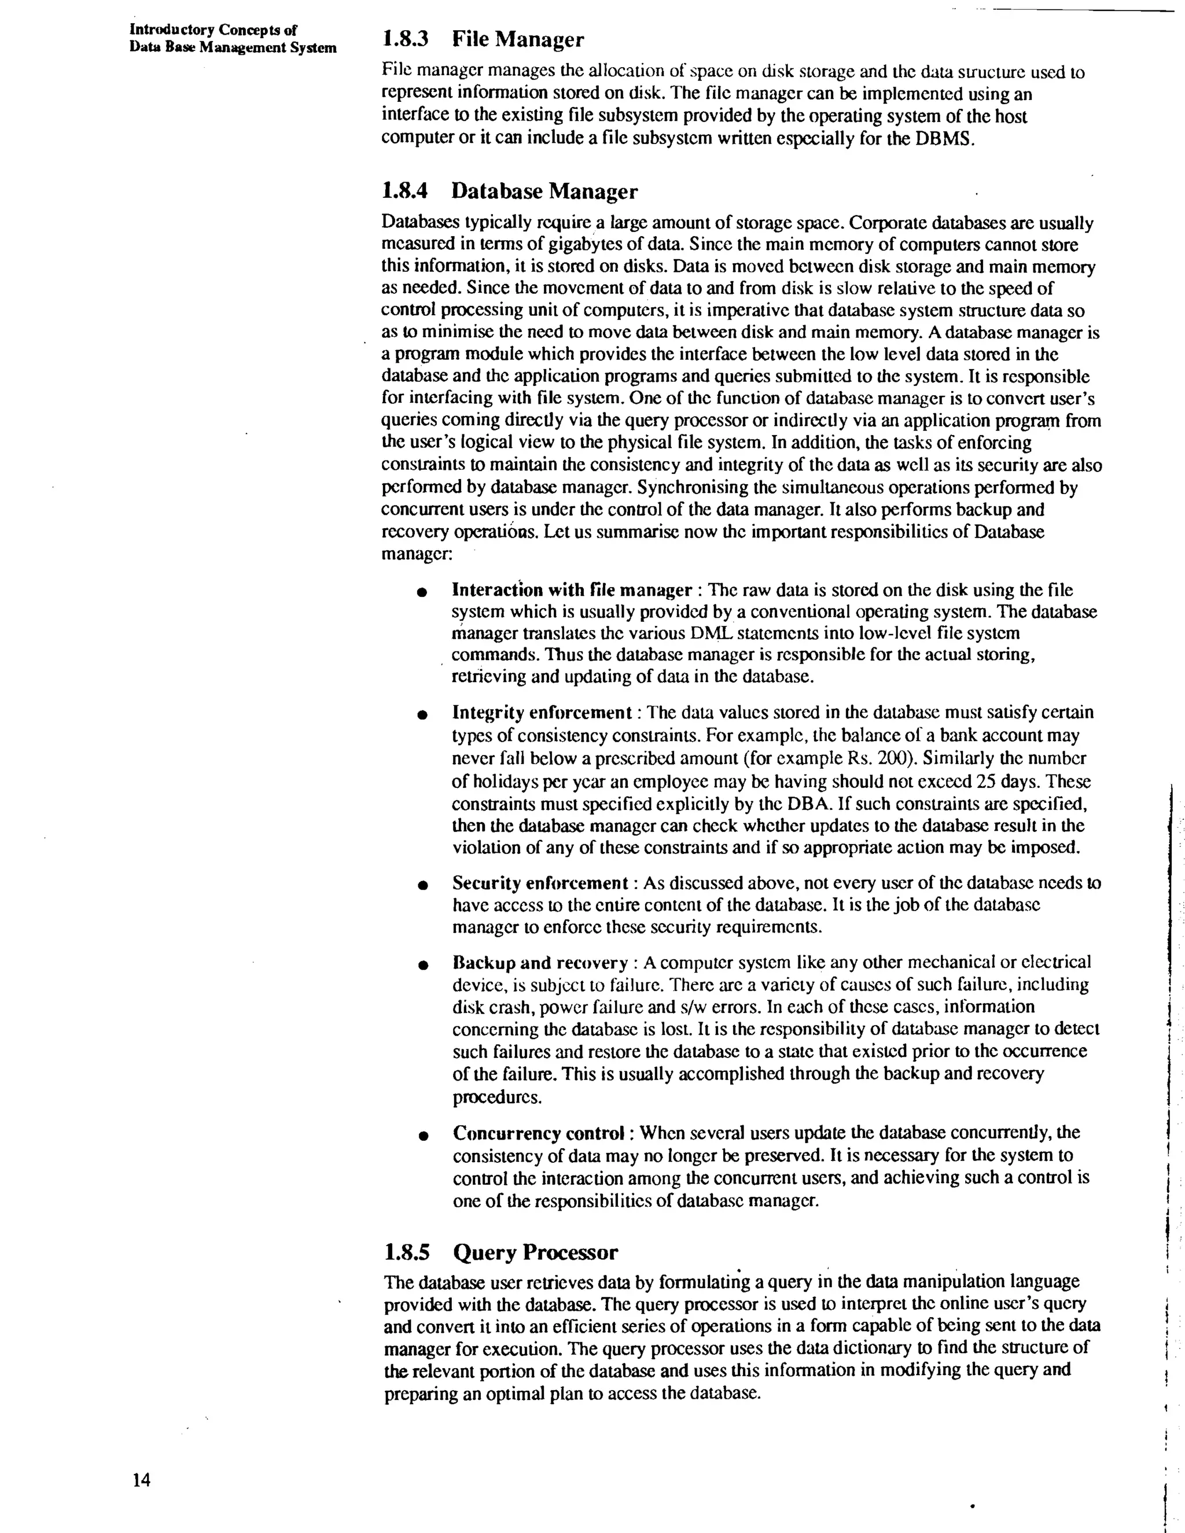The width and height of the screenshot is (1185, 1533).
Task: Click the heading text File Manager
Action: pos(517,39)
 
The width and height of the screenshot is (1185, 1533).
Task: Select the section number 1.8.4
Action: pos(404,191)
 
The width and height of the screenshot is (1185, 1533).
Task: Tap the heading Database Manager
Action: pos(544,191)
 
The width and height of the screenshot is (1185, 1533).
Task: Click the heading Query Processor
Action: pos(535,1252)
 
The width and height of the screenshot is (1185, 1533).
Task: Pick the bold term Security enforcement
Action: pos(540,883)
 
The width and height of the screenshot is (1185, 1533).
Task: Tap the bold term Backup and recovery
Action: pos(540,963)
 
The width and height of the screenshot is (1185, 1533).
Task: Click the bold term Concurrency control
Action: pos(539,1133)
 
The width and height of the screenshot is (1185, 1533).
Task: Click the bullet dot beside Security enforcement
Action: pos(422,886)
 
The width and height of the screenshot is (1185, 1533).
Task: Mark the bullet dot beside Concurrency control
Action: pos(422,1136)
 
